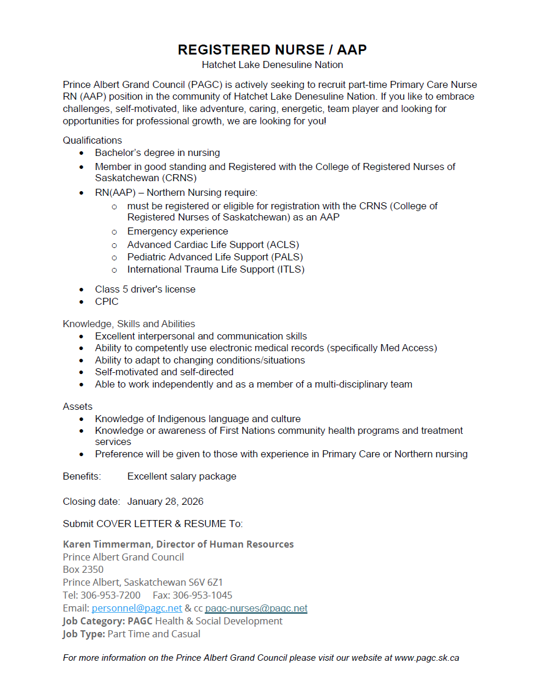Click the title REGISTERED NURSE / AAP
tap(272, 50)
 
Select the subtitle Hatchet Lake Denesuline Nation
tap(272, 65)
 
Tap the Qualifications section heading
tap(92, 141)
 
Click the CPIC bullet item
tap(107, 302)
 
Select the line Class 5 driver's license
tap(145, 290)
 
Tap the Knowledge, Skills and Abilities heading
tap(129, 324)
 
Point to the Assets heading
tap(77, 407)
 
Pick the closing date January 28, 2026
tap(165, 502)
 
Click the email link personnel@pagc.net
tap(137, 609)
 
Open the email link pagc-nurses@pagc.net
tap(256, 609)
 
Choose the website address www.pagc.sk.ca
tap(426, 658)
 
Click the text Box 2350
tap(83, 570)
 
